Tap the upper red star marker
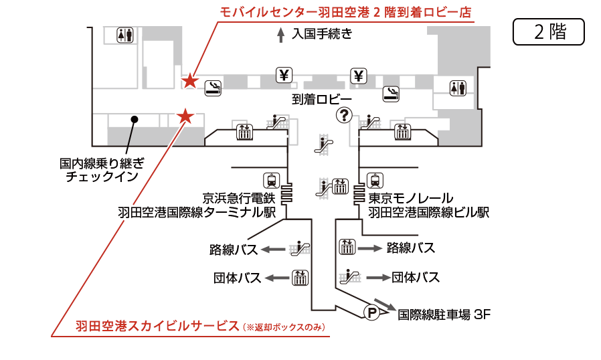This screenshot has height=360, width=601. [191, 82]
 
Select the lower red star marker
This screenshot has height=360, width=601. [185, 117]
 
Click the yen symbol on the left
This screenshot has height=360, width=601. [285, 75]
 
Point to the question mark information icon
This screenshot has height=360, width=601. [344, 116]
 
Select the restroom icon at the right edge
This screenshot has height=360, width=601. [458, 88]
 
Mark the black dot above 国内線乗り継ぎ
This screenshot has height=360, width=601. [134, 120]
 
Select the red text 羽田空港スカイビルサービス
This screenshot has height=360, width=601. [157, 326]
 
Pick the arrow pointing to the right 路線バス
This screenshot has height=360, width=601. [369, 248]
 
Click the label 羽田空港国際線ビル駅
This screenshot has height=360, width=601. [428, 213]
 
